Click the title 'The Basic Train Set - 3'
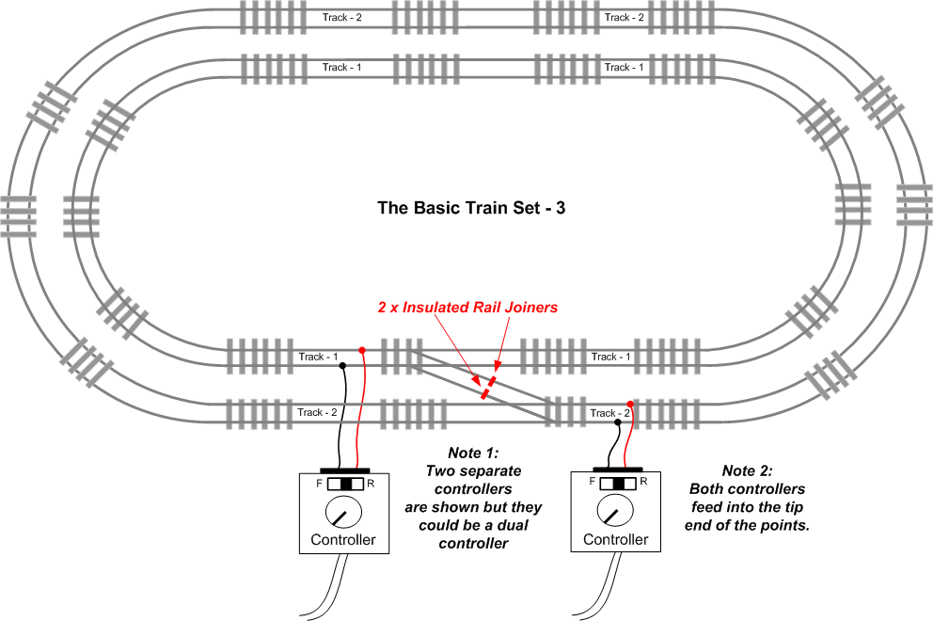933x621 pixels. coord(471,208)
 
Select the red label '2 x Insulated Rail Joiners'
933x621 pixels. coord(467,308)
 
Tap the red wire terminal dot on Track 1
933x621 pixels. coord(362,350)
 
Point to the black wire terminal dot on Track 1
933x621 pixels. coord(342,366)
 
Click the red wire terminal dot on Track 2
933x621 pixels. coord(630,405)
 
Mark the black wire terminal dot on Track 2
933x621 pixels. coord(618,422)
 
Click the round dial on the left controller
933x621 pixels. coord(343,512)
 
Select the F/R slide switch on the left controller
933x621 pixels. coord(345,484)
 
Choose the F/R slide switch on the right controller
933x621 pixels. coord(618,483)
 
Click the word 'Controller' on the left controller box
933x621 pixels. coord(343,540)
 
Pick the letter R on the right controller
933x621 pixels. coord(643,482)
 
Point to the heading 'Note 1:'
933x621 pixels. coord(474,454)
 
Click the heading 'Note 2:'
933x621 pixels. coord(748,471)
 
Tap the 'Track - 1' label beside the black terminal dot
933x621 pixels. coord(318,357)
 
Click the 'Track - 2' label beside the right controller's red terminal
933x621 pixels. coord(609,413)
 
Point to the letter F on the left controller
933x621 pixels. coord(320,484)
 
